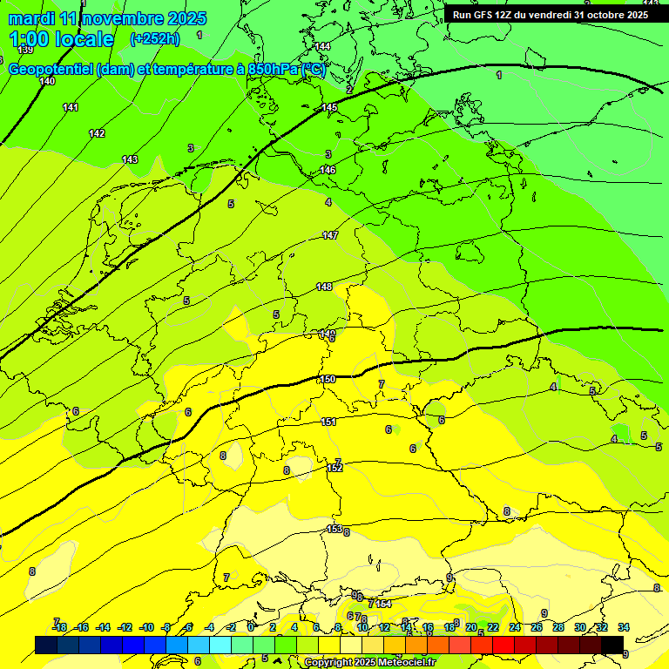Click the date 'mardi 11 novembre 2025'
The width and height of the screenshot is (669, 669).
(x=107, y=18)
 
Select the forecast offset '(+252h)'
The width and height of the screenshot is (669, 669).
(x=155, y=39)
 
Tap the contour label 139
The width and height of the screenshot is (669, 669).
(x=26, y=51)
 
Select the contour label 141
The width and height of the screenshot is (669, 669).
(x=71, y=107)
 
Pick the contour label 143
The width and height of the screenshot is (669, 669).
(x=130, y=159)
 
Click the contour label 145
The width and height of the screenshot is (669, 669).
(x=329, y=107)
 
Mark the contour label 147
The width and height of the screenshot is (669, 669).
(x=330, y=235)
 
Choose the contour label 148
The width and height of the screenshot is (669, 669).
(x=324, y=287)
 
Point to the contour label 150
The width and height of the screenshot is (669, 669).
(x=328, y=379)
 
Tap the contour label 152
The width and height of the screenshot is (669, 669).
(x=335, y=468)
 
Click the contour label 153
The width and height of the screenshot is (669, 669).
(x=334, y=529)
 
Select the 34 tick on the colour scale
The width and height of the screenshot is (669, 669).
(x=624, y=627)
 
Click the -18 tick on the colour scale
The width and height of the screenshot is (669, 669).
(x=59, y=627)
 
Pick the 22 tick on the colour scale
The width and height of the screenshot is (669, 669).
(x=493, y=627)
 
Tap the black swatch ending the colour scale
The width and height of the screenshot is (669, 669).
(x=612, y=645)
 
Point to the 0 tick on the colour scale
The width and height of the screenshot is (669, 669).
(x=251, y=627)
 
